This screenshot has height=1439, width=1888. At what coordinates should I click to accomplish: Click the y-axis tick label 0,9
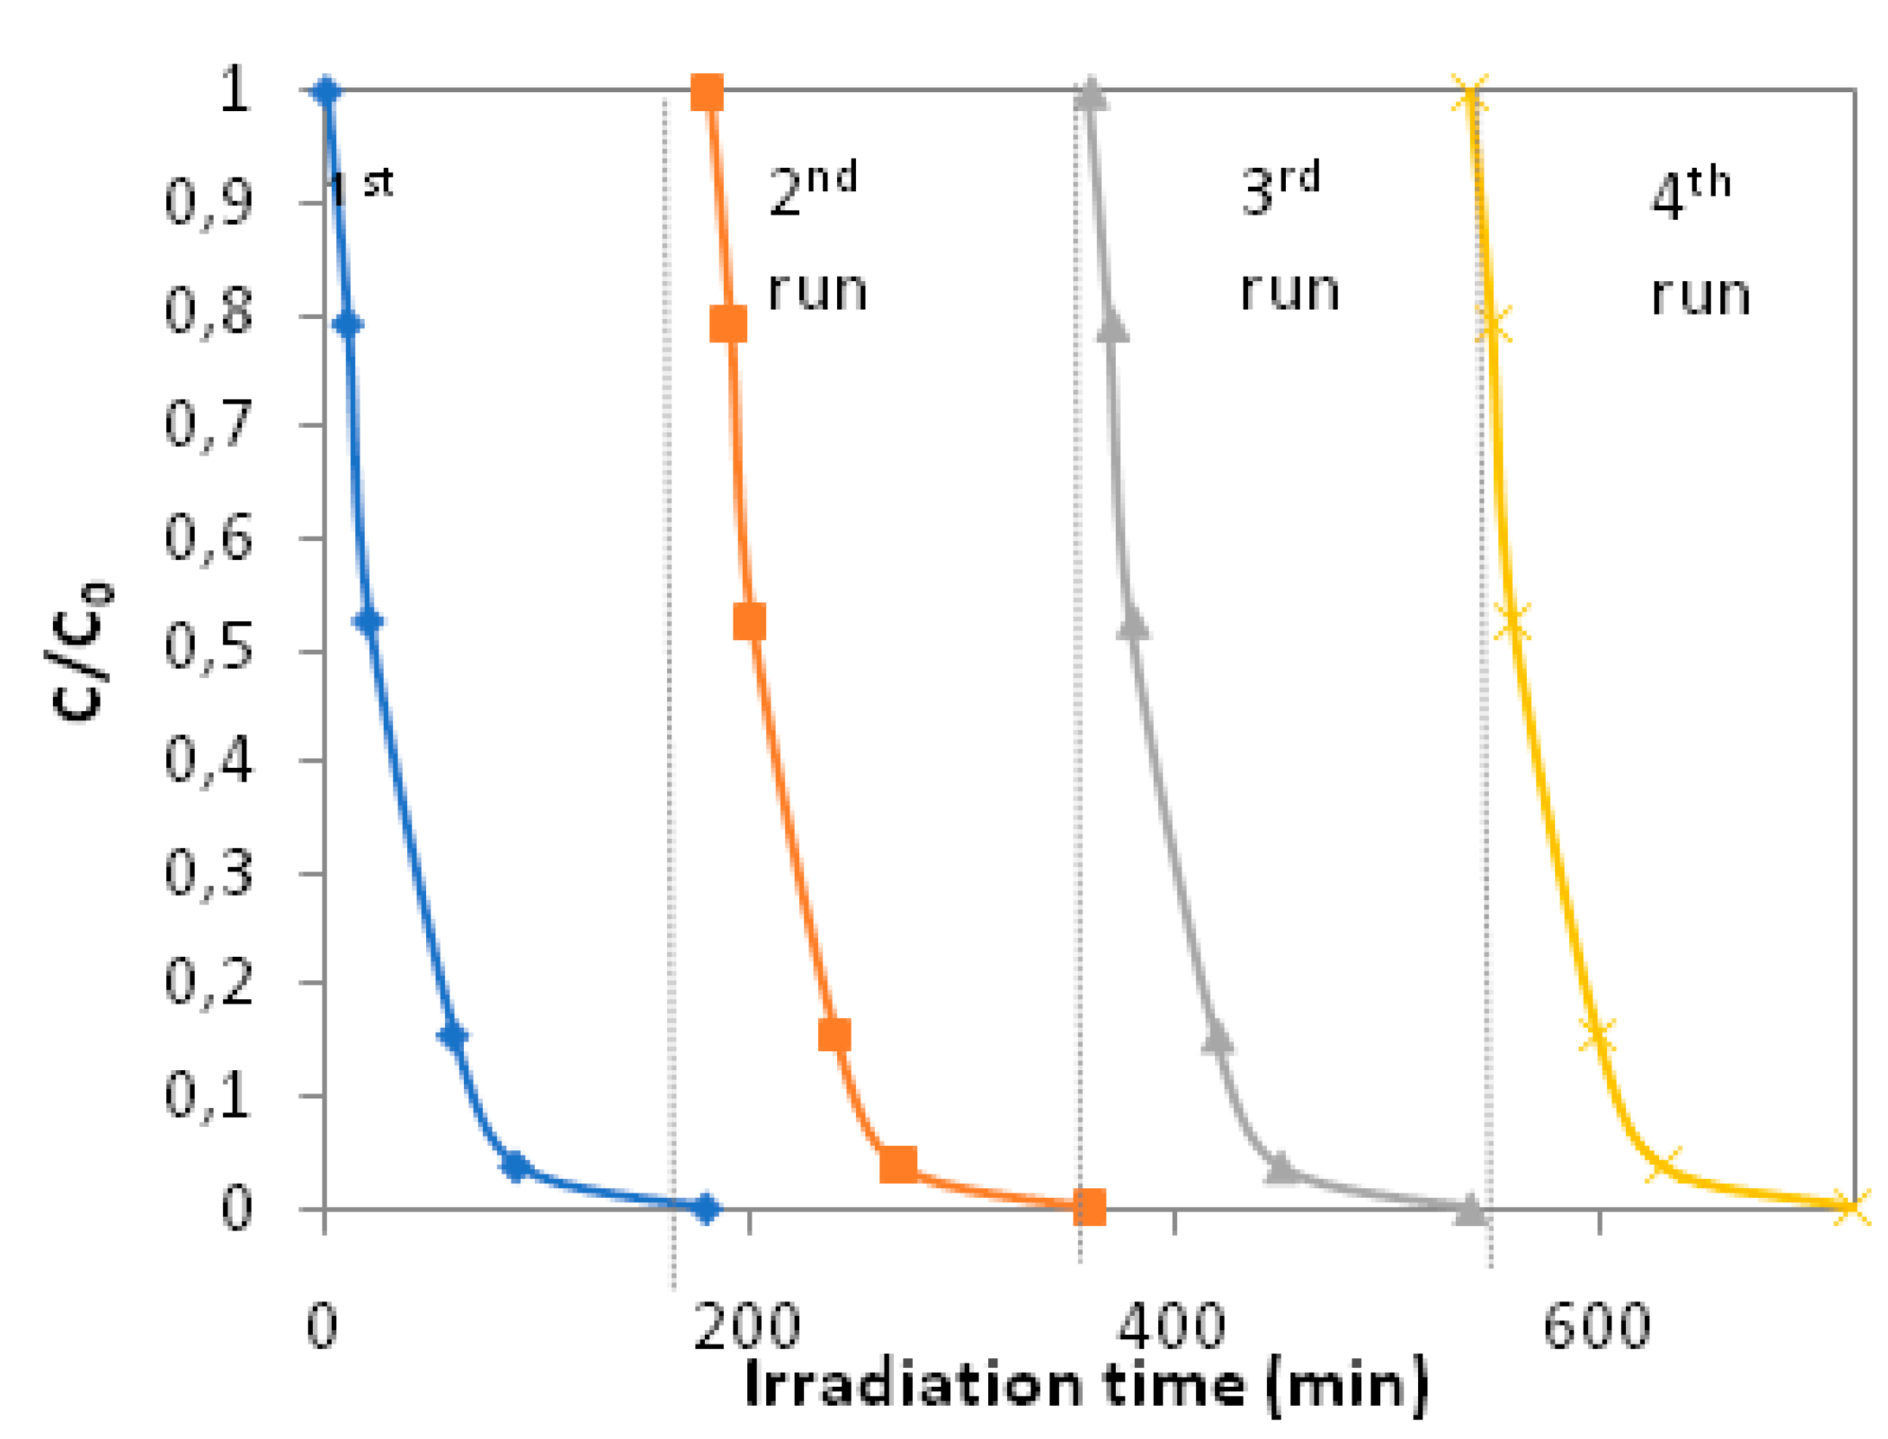[x=208, y=203]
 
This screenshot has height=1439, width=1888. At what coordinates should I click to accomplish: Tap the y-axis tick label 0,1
[x=208, y=1096]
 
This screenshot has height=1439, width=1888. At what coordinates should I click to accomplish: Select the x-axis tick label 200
[x=746, y=1327]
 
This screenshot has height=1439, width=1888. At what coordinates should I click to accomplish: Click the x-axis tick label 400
[x=1171, y=1327]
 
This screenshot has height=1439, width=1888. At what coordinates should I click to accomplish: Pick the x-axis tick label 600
[x=1597, y=1327]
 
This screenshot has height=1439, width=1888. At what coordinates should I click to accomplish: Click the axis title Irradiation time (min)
[x=1086, y=1386]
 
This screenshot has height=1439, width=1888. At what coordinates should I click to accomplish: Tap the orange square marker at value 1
[x=706, y=91]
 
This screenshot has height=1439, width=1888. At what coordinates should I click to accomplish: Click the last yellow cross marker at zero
[x=1849, y=1207]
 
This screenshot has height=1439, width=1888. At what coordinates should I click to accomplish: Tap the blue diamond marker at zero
[x=706, y=1208]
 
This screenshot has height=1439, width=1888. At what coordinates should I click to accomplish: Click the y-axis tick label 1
[x=233, y=89]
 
